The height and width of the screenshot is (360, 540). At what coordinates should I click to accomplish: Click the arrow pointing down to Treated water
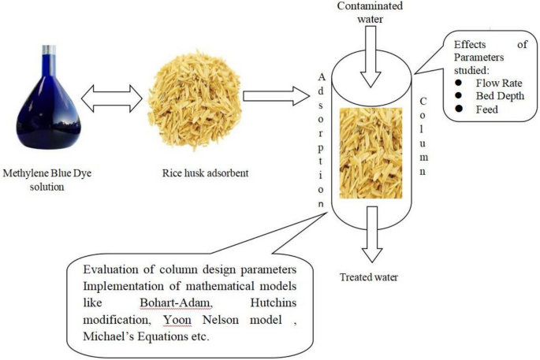point(369,245)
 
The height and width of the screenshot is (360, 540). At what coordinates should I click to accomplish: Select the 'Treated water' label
point(370,277)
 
